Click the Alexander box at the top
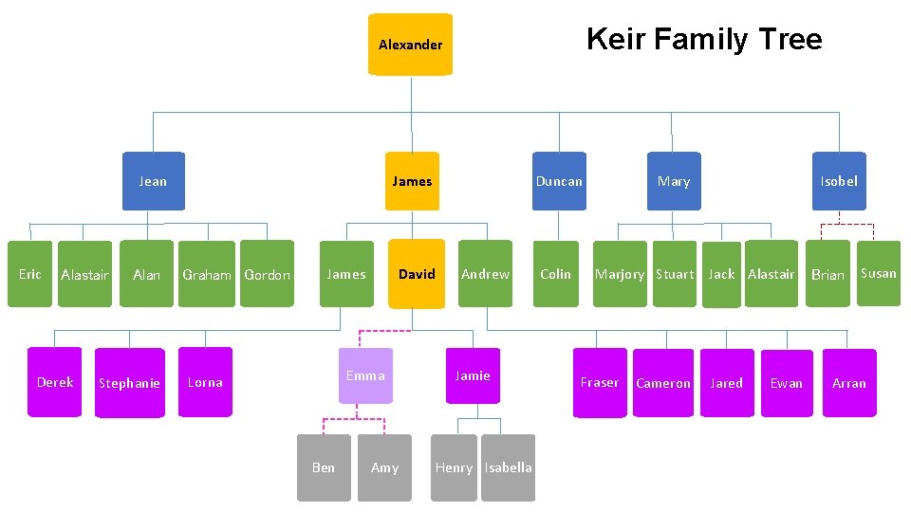point(410,45)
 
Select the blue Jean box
point(153,181)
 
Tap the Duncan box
point(559,181)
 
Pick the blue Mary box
point(674,181)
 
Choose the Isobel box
point(839,181)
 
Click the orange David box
point(417,274)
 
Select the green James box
point(346,274)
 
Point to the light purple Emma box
point(365,375)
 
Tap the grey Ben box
point(324,467)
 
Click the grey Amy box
point(384,467)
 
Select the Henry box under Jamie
point(454,467)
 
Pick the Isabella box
point(509,467)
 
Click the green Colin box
point(555,274)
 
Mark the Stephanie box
point(129,383)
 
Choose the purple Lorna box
point(205,382)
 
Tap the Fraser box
point(600,382)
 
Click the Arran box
point(849,383)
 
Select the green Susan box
point(878,273)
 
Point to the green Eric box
point(30,274)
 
